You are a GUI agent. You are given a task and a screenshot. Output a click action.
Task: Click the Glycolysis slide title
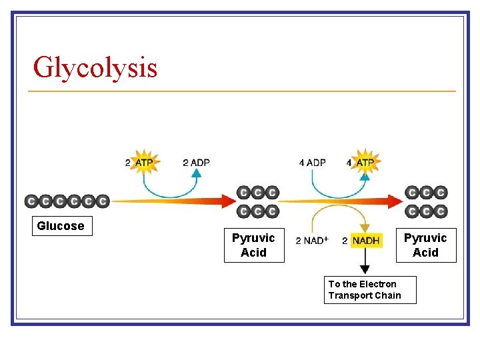point(95,67)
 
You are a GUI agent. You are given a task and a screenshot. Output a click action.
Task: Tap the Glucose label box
point(61,226)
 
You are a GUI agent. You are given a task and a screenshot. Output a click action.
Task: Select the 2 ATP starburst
point(144,162)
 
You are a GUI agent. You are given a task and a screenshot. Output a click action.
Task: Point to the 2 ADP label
point(196,163)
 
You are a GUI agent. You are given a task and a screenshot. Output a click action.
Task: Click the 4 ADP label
point(312,163)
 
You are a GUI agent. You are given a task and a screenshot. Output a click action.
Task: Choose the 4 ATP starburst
point(364,162)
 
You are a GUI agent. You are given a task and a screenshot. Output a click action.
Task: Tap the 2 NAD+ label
point(311,241)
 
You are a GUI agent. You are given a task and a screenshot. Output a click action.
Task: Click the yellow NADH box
point(366,241)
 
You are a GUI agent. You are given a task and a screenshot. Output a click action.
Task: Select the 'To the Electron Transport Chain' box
point(369,289)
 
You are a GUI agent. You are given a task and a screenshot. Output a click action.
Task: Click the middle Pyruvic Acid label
point(253,245)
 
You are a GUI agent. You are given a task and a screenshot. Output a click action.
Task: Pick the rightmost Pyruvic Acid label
point(425,245)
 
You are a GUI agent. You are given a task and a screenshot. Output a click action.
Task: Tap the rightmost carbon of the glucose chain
point(102,201)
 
